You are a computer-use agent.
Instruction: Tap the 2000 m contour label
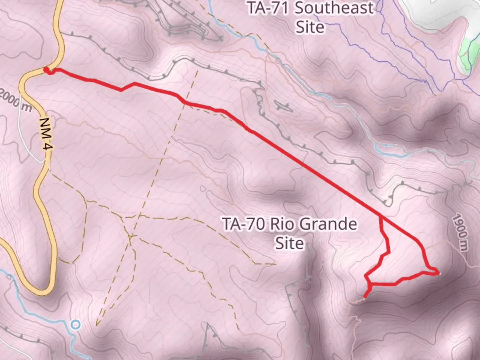(x=15, y=100)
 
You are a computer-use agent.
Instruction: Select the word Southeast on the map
(x=334, y=8)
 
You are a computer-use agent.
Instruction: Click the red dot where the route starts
(x=46, y=70)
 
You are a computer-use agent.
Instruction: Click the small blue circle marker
(x=76, y=324)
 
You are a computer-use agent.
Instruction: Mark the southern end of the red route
(x=365, y=296)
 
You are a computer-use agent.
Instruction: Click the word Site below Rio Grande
(x=289, y=243)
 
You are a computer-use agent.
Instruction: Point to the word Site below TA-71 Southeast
(x=310, y=27)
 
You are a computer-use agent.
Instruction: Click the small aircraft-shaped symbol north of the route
(x=284, y=106)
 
